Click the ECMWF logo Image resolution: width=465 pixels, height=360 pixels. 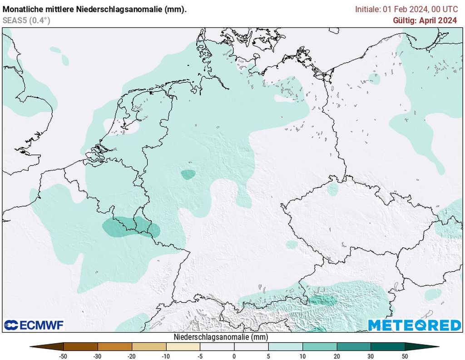point(34,325)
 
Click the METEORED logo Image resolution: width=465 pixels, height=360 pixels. point(414,325)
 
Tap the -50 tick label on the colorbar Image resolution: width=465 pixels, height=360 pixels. point(63,356)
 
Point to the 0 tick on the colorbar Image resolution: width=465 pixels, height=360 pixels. point(234,356)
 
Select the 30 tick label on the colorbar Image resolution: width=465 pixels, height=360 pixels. point(371,356)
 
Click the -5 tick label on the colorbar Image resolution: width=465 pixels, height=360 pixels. point(200,356)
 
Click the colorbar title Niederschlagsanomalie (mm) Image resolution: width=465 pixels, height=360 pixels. point(221,337)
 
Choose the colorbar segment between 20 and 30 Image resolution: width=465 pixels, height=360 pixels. point(354,346)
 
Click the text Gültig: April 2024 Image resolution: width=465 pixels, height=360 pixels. point(425,20)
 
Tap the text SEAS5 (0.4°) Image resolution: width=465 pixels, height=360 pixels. point(26,20)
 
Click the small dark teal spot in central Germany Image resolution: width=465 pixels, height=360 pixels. point(188,174)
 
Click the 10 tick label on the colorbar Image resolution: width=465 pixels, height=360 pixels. point(302,356)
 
